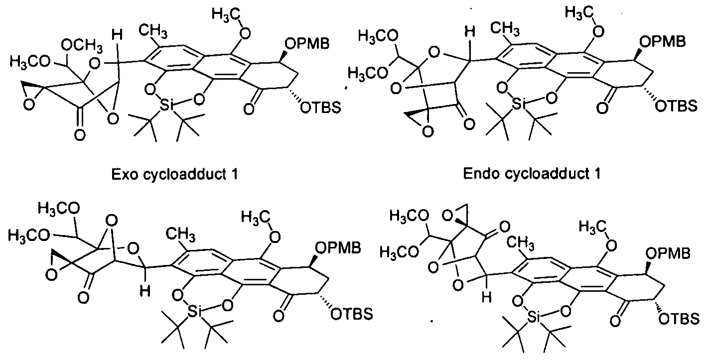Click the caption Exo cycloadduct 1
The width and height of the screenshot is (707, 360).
[x=174, y=174]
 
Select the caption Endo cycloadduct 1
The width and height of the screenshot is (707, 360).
[x=532, y=174]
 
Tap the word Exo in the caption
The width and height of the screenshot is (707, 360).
[x=125, y=174]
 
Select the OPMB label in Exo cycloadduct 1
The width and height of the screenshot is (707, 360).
[x=307, y=43]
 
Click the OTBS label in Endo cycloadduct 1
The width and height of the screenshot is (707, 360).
[x=676, y=106]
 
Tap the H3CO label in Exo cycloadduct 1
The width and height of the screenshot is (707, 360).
[x=29, y=62]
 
